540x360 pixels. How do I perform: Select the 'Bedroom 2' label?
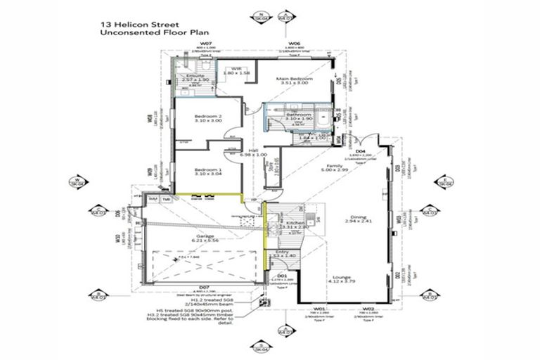click(x=208, y=117)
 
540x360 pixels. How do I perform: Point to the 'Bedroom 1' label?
click(x=208, y=169)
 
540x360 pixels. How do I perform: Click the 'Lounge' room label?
click(x=342, y=278)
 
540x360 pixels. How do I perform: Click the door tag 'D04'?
click(x=360, y=150)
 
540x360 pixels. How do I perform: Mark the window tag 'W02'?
click(x=367, y=309)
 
